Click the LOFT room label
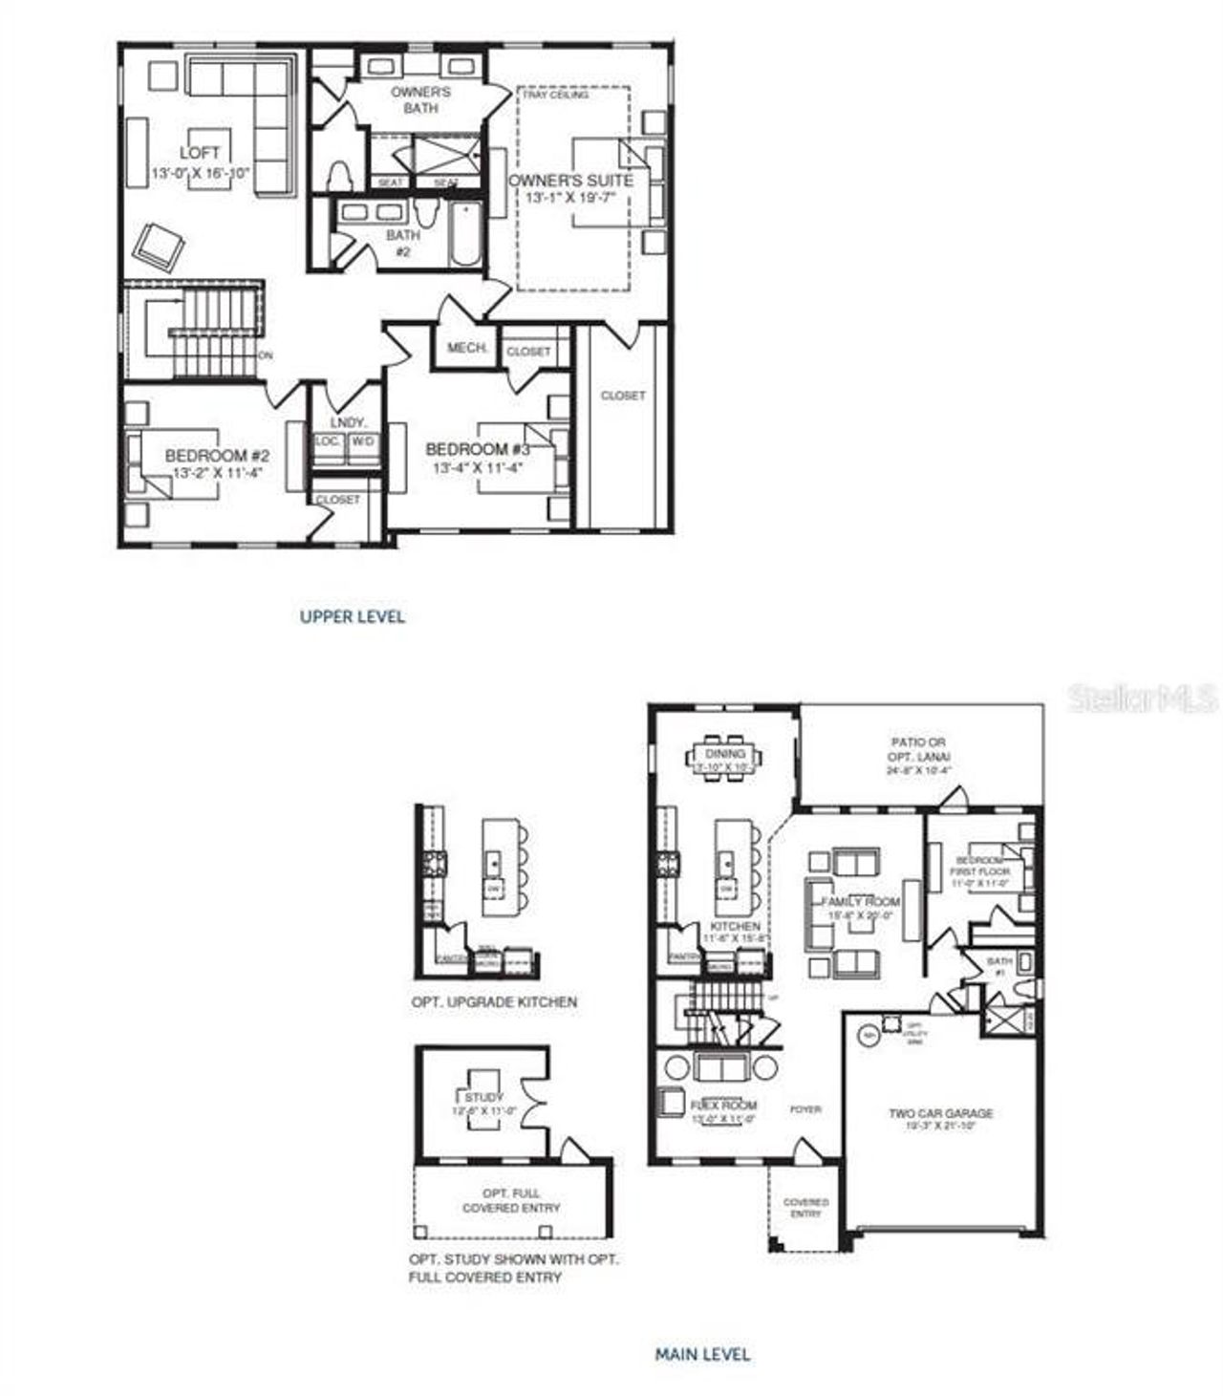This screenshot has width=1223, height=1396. [x=200, y=153]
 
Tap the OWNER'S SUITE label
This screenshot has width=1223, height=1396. [x=569, y=181]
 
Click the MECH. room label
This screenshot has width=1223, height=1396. [x=468, y=348]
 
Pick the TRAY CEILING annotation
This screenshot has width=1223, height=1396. [x=555, y=95]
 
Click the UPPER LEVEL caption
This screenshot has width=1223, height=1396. [x=353, y=616]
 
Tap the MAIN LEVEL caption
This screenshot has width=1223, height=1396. [x=702, y=1354]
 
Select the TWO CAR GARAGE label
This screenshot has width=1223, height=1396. [x=940, y=1113]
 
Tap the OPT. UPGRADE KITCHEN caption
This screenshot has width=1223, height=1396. [x=494, y=1002]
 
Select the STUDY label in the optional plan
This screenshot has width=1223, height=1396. [x=484, y=1098]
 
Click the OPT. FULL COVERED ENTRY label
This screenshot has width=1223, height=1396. [x=511, y=1200]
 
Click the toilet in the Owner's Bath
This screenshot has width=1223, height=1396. [x=336, y=176]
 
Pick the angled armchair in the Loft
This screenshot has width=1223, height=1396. [x=158, y=247]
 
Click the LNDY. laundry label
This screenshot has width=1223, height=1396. [x=343, y=422]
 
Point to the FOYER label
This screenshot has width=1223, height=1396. [x=805, y=1109]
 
